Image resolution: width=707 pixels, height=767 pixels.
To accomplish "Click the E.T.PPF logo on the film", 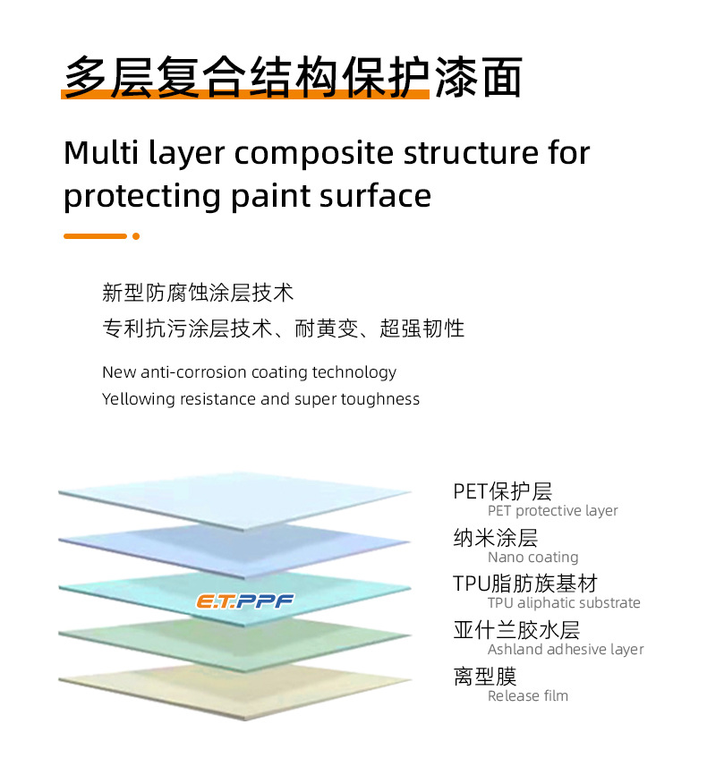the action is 244,601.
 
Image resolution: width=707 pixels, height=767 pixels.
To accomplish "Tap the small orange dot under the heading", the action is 136,236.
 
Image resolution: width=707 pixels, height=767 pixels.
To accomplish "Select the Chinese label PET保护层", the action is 502,491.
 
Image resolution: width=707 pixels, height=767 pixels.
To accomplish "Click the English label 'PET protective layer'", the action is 552,511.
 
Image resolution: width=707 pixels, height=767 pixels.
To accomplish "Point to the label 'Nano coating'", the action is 532,558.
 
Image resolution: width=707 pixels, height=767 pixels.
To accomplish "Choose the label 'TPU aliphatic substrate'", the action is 564,602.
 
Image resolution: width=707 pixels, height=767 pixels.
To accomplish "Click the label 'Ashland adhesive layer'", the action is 566,649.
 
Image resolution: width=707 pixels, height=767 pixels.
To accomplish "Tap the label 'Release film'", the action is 528,695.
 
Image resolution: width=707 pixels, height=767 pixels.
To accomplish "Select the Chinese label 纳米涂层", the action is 496,538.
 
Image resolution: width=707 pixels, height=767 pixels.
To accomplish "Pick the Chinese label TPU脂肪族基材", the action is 525,584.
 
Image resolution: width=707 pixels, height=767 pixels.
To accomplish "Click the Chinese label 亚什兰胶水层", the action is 516,630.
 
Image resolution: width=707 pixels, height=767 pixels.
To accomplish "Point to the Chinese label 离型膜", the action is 485,677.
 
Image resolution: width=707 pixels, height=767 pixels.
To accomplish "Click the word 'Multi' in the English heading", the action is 101,152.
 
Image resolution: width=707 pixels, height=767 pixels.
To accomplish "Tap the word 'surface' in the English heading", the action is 375,196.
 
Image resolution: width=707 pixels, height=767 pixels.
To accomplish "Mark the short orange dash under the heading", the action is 96,236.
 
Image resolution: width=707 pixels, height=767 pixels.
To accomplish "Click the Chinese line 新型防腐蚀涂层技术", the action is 198,293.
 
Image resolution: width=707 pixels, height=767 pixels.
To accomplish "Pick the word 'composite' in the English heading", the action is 314,154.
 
